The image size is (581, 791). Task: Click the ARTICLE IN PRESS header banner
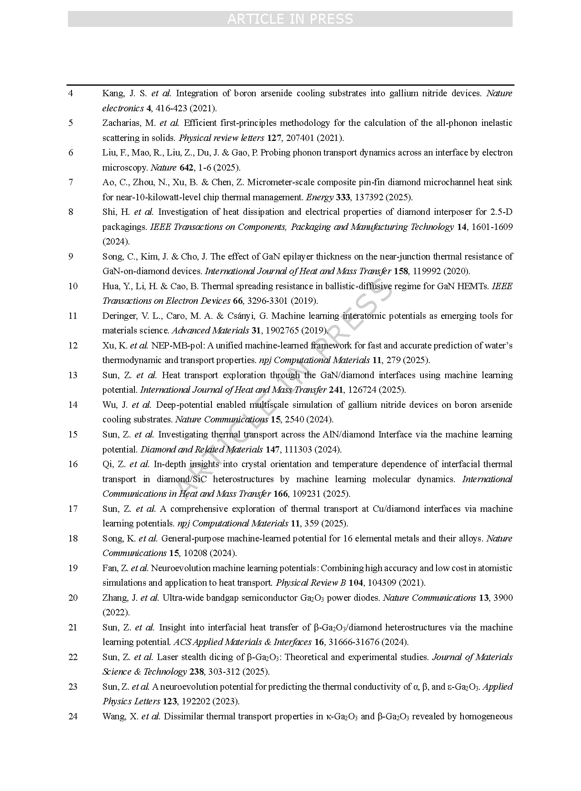coord(290,19)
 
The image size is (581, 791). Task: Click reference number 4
coord(71,94)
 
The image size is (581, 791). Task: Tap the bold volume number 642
coord(186,167)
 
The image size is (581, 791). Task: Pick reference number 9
coord(71,256)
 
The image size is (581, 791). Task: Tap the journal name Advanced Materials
coord(210,330)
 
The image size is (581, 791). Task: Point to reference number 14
coord(73,405)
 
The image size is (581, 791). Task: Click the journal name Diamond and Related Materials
coord(201,449)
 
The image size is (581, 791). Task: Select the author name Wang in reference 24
coord(114,716)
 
